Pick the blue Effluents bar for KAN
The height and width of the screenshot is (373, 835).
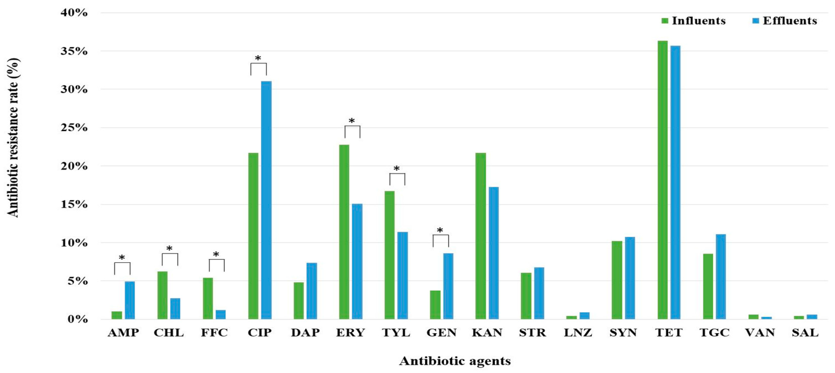click(493, 253)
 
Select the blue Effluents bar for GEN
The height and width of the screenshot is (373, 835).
click(448, 286)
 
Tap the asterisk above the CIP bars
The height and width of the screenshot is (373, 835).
click(258, 59)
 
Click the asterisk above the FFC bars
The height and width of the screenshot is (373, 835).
click(216, 255)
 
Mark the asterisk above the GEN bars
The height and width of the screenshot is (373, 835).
click(440, 231)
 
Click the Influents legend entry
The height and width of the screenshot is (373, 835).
click(694, 21)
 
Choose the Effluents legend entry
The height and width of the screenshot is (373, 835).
click(785, 21)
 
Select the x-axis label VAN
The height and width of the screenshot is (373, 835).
click(760, 333)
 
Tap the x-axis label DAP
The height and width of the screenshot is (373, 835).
click(305, 333)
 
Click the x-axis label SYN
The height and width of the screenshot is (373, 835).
click(623, 333)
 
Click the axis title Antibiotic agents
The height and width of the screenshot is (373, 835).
click(455, 361)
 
